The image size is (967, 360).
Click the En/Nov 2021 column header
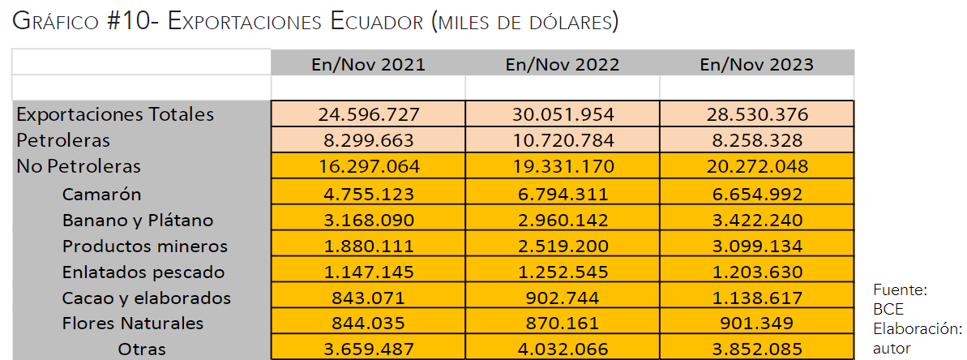368,64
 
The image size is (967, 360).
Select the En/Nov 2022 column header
563,64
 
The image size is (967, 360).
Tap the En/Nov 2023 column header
757,64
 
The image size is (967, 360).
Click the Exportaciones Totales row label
115,114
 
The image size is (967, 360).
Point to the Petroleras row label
63,140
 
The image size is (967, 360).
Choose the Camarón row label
102,194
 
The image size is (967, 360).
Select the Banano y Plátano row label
138,220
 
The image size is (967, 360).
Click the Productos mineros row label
145,246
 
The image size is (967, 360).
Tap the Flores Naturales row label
133,324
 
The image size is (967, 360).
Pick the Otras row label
142,349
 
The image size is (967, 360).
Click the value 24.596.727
368,114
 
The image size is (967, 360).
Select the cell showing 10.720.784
563,140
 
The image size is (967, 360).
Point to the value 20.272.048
757,166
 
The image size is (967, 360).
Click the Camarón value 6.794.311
563,194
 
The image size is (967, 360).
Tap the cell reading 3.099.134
757,246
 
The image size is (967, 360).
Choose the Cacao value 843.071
368,298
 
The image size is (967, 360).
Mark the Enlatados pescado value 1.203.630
757,272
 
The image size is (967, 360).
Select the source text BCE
888,309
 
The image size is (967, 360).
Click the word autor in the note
892,348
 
